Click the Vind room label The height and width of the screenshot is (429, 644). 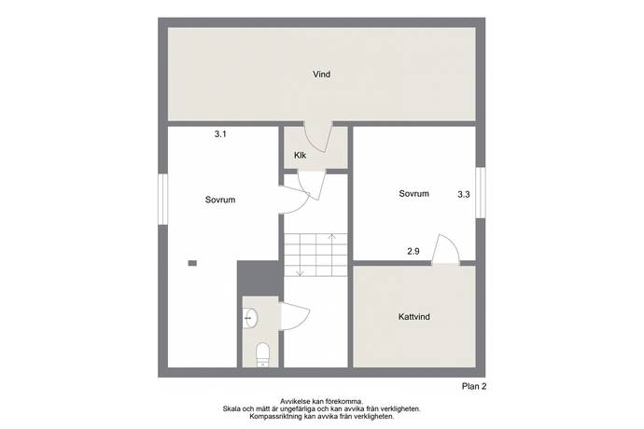point(322,75)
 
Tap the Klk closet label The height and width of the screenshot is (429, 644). point(300,155)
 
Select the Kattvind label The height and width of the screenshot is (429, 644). point(414,316)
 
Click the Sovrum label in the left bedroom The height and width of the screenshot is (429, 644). point(220,200)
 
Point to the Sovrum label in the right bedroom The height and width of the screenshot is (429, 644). point(414,193)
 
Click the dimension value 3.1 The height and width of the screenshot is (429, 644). point(220,134)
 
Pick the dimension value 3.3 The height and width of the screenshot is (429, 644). point(464,195)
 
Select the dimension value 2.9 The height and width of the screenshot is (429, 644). point(413,251)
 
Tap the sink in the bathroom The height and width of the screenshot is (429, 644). point(250,318)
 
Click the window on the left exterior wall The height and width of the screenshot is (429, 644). point(163,199)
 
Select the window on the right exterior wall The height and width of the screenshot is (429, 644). point(480,192)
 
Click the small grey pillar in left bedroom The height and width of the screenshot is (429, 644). point(192,263)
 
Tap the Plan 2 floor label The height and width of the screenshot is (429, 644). point(474,386)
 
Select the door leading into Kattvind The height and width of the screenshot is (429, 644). point(445,249)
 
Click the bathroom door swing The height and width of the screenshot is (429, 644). point(295,316)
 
